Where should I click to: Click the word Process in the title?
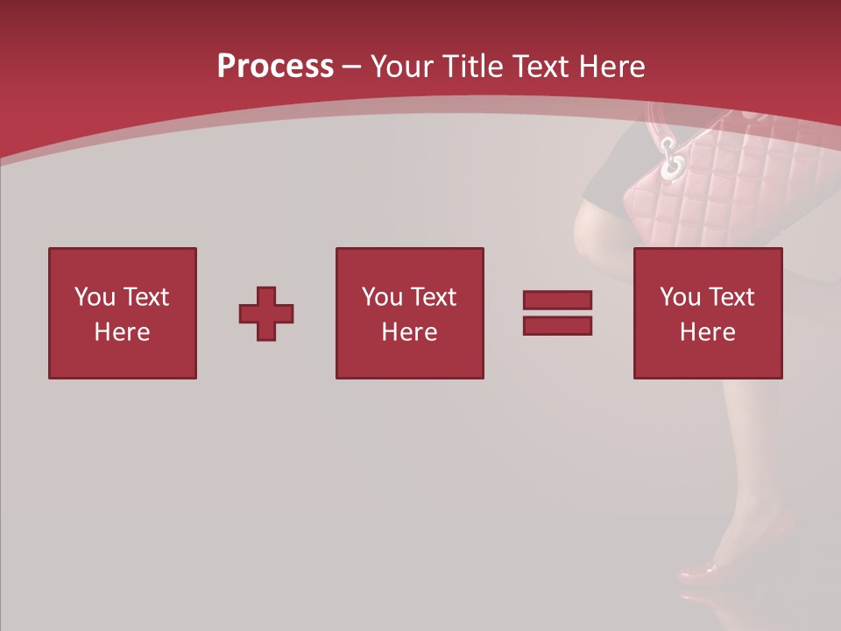pos(275,67)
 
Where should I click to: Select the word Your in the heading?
pos(403,67)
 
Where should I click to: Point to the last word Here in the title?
pos(612,67)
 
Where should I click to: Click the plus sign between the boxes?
pos(266,314)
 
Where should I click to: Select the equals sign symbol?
pos(557,313)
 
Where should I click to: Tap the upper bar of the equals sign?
pos(557,301)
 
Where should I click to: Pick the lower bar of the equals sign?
pos(557,325)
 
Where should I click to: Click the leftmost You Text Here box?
pos(123,313)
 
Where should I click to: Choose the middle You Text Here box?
pos(409,313)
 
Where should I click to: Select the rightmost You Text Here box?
pos(707,313)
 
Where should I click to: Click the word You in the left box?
pos(94,297)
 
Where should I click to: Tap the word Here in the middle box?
pos(409,332)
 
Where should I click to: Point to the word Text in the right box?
pos(731,297)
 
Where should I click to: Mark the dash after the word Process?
pos(351,67)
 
